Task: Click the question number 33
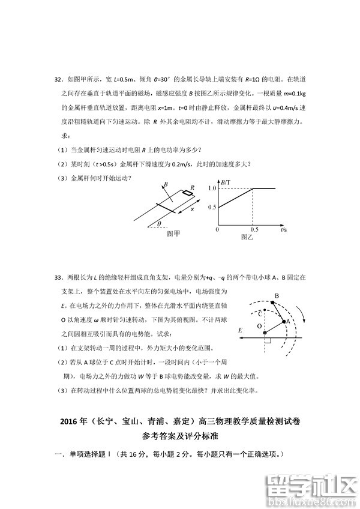point(58,278)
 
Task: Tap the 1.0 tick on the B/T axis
point(211,188)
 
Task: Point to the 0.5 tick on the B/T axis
point(211,207)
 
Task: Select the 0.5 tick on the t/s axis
point(254,230)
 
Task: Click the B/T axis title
point(226,182)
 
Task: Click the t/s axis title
point(283,230)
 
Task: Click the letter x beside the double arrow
point(192,209)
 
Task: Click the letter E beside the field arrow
point(239,330)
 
